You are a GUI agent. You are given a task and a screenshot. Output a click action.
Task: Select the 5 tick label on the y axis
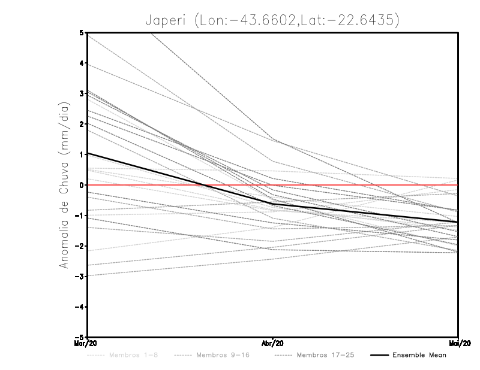pos(81,32)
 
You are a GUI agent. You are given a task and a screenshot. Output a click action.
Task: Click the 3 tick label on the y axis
pos(81,93)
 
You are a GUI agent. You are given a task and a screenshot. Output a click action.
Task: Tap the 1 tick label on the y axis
pos(81,154)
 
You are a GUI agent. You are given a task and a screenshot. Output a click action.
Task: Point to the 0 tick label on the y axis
pos(81,185)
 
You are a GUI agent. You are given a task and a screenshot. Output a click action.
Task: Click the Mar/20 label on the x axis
pos(88,343)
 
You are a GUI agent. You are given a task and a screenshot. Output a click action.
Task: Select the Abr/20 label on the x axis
pos(273,343)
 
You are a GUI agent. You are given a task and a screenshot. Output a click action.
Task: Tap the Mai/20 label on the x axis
pos(458,343)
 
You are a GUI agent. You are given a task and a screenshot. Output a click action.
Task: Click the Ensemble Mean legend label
pos(419,355)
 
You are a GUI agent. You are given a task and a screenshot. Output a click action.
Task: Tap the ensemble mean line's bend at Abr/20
pos(273,204)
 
